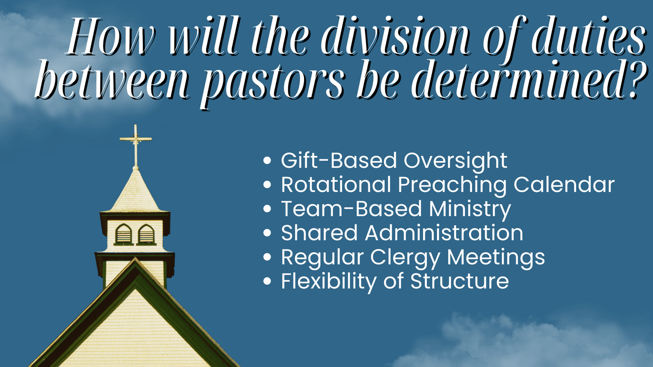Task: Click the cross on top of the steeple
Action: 136,145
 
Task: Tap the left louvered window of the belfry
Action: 124,234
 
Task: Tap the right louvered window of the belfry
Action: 146,234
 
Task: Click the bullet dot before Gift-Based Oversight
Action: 267,160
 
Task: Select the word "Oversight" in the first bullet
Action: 455,161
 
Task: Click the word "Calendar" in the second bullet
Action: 564,184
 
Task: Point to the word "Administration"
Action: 444,232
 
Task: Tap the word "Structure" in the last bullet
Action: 459,281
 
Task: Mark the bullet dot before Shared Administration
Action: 267,233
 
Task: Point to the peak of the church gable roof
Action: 135,258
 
